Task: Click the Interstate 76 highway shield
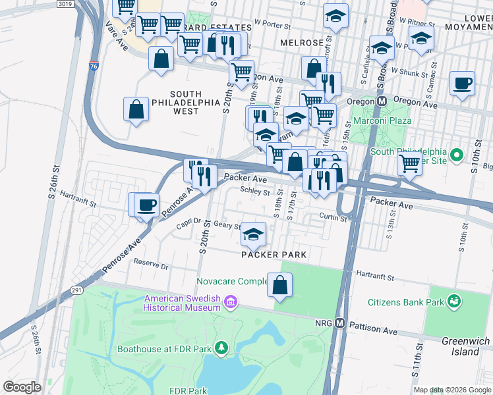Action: (92, 66)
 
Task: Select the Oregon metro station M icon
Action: (381, 103)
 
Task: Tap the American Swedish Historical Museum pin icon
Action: (231, 302)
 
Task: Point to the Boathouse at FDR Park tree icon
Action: (222, 347)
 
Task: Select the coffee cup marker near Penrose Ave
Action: (147, 204)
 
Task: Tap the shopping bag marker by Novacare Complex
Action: (279, 285)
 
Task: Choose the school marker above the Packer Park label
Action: (253, 234)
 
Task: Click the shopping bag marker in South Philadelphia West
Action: (136, 109)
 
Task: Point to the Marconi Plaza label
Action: (382, 120)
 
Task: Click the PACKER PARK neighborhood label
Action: (274, 254)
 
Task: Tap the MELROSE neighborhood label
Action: (301, 43)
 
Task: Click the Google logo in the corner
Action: (22, 386)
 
